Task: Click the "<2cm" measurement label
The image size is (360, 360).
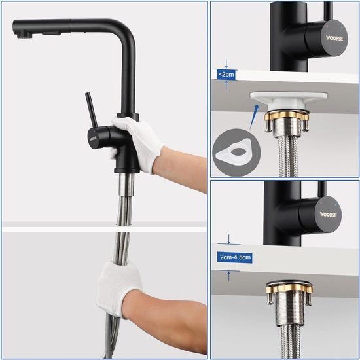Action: tap(225, 75)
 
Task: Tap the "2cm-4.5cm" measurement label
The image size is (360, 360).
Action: tap(235, 257)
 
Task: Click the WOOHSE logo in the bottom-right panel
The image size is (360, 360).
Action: tap(328, 213)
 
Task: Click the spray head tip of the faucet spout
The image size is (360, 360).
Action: tap(20, 30)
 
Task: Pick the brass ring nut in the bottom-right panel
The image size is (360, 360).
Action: tap(289, 288)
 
